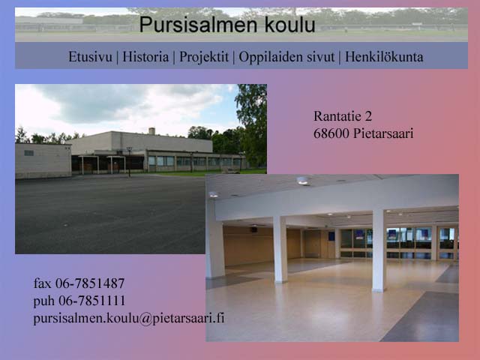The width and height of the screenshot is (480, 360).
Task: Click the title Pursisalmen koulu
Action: (227, 25)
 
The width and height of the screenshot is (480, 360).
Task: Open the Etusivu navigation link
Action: (90, 57)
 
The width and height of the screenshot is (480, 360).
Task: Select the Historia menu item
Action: (145, 57)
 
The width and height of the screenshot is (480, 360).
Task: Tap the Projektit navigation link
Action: (204, 57)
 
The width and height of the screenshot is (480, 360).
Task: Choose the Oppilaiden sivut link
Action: (286, 57)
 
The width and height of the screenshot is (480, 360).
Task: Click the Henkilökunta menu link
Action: (384, 57)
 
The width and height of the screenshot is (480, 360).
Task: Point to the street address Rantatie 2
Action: (343, 116)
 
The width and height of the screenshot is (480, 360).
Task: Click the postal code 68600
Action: (331, 133)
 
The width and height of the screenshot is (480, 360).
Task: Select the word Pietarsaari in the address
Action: (383, 133)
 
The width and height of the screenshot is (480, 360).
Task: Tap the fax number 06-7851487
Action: (90, 283)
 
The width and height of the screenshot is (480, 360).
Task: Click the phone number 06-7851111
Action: (91, 301)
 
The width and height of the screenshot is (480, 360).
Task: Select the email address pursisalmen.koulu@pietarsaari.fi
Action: (129, 318)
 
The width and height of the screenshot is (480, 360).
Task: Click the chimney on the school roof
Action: (151, 131)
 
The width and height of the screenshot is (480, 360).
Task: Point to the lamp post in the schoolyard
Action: (130, 162)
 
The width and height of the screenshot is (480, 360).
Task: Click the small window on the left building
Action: (28, 153)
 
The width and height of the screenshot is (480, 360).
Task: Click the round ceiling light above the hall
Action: (302, 181)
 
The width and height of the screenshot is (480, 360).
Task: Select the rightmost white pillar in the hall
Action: (379, 250)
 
